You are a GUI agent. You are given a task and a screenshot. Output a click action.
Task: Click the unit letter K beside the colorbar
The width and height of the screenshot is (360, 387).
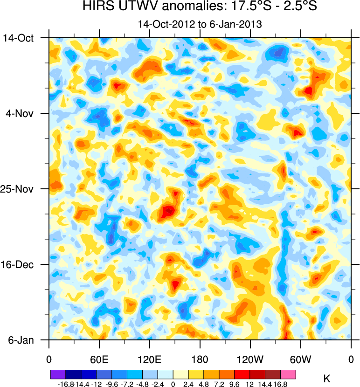[326, 379]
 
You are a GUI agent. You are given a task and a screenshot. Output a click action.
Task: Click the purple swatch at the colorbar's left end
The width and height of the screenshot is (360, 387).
[58, 374]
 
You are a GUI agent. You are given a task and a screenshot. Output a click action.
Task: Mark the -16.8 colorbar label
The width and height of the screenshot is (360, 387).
[66, 384]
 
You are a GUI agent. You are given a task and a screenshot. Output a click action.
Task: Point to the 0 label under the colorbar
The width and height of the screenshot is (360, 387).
[173, 384]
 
